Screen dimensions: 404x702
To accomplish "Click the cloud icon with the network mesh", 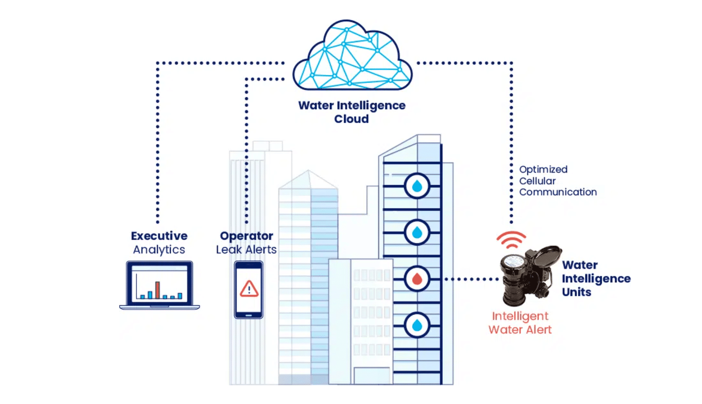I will [x=352, y=57].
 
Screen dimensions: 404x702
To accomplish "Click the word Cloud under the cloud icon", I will [x=351, y=119].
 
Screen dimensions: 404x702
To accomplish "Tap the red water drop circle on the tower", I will [x=417, y=279].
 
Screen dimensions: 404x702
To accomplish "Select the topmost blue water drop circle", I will [x=417, y=186].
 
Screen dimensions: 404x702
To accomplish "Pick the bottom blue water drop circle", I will [x=417, y=325].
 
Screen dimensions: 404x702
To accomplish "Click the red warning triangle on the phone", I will [x=249, y=289].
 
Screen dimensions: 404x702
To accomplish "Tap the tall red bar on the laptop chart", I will [x=158, y=290].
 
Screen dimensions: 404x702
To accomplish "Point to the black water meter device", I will [x=526, y=275].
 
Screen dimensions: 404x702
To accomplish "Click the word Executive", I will [x=159, y=236].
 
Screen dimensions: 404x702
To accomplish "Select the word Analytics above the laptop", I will [x=159, y=249].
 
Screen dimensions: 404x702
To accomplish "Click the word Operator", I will [x=246, y=236].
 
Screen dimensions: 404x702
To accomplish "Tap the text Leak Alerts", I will [x=246, y=249].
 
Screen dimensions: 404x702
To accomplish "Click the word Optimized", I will [x=543, y=169].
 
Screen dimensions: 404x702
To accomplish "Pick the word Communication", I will [x=558, y=192].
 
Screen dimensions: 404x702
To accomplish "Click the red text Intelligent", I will [x=520, y=316].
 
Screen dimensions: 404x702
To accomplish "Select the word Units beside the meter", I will [x=576, y=292].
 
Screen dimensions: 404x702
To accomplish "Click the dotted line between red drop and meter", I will [x=472, y=279].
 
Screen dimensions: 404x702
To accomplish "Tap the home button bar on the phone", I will [x=249, y=315].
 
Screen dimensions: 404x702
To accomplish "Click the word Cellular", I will [x=537, y=181].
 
